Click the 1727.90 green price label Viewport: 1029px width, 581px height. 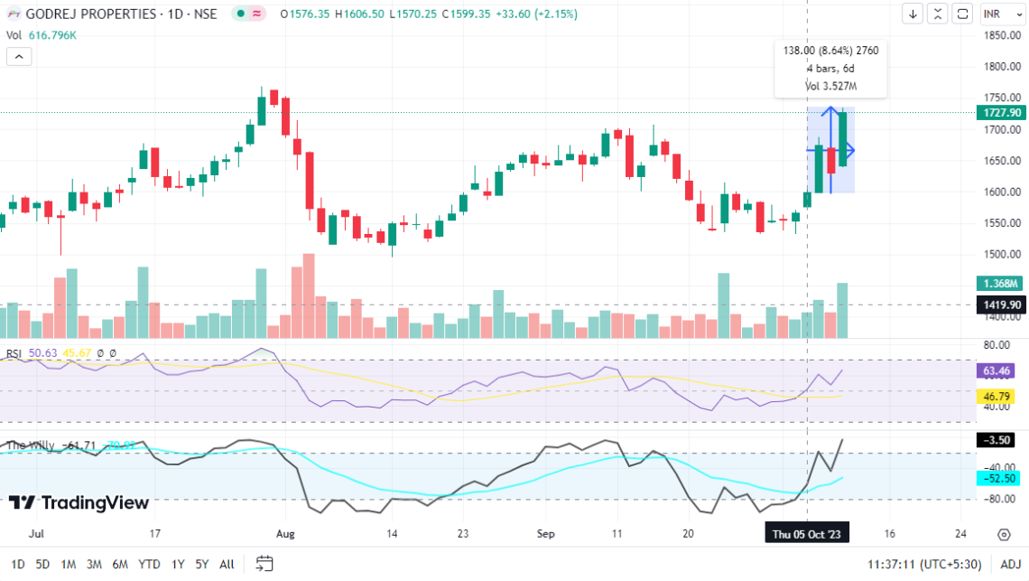point(1004,113)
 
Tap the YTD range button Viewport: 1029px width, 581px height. point(148,565)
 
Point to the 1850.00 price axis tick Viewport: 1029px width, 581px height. point(1003,35)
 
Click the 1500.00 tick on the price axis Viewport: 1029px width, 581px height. point(1003,254)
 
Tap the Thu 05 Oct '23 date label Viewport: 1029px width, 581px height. point(807,534)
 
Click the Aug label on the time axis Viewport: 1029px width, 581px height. point(285,534)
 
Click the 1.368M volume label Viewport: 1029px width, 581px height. point(1003,284)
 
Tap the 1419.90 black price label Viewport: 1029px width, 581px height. point(1003,305)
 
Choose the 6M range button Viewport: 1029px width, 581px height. point(120,565)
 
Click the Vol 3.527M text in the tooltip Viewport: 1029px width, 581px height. point(830,86)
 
